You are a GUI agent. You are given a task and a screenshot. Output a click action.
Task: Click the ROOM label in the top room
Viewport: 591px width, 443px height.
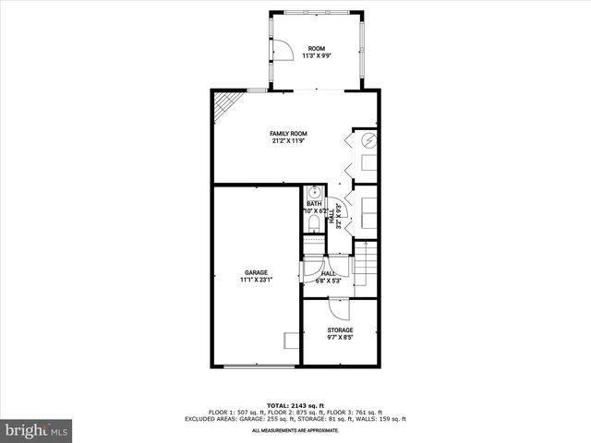pyautogui.click(x=317, y=48)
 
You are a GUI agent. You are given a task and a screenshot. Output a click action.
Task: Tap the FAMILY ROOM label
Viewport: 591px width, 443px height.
pyautogui.click(x=288, y=134)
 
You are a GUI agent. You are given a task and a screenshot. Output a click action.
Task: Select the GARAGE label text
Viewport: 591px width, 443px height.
pyautogui.click(x=256, y=272)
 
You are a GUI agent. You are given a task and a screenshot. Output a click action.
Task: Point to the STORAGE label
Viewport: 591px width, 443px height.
pyautogui.click(x=340, y=329)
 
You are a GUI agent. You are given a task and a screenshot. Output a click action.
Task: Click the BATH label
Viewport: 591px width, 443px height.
pyautogui.click(x=314, y=204)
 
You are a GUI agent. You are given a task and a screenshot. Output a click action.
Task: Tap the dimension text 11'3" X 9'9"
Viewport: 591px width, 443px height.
pyautogui.click(x=317, y=55)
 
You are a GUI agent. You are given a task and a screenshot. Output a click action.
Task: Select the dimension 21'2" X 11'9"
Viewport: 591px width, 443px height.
pyautogui.click(x=288, y=141)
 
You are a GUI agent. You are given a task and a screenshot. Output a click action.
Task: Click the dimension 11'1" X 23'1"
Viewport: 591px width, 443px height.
pyautogui.click(x=256, y=280)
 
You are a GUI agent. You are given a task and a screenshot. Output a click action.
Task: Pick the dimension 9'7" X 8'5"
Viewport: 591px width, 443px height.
pyautogui.click(x=340, y=337)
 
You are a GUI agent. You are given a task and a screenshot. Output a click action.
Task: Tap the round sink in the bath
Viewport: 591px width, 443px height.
pyautogui.click(x=314, y=193)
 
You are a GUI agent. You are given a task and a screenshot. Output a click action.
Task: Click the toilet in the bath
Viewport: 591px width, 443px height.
pyautogui.click(x=313, y=224)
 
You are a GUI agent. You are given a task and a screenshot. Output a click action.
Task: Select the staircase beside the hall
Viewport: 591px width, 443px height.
pyautogui.click(x=368, y=263)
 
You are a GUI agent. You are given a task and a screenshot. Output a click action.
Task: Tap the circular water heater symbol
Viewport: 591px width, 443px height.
pyautogui.click(x=367, y=141)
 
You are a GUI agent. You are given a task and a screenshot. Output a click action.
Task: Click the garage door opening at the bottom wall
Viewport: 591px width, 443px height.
pyautogui.click(x=255, y=367)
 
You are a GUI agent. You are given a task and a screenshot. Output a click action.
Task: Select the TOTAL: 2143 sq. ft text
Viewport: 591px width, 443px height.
pyautogui.click(x=295, y=405)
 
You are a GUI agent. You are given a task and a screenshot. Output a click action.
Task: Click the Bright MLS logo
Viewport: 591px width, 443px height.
pyautogui.click(x=37, y=430)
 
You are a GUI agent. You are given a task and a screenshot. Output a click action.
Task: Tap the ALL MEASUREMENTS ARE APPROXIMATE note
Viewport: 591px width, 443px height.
pyautogui.click(x=295, y=430)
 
